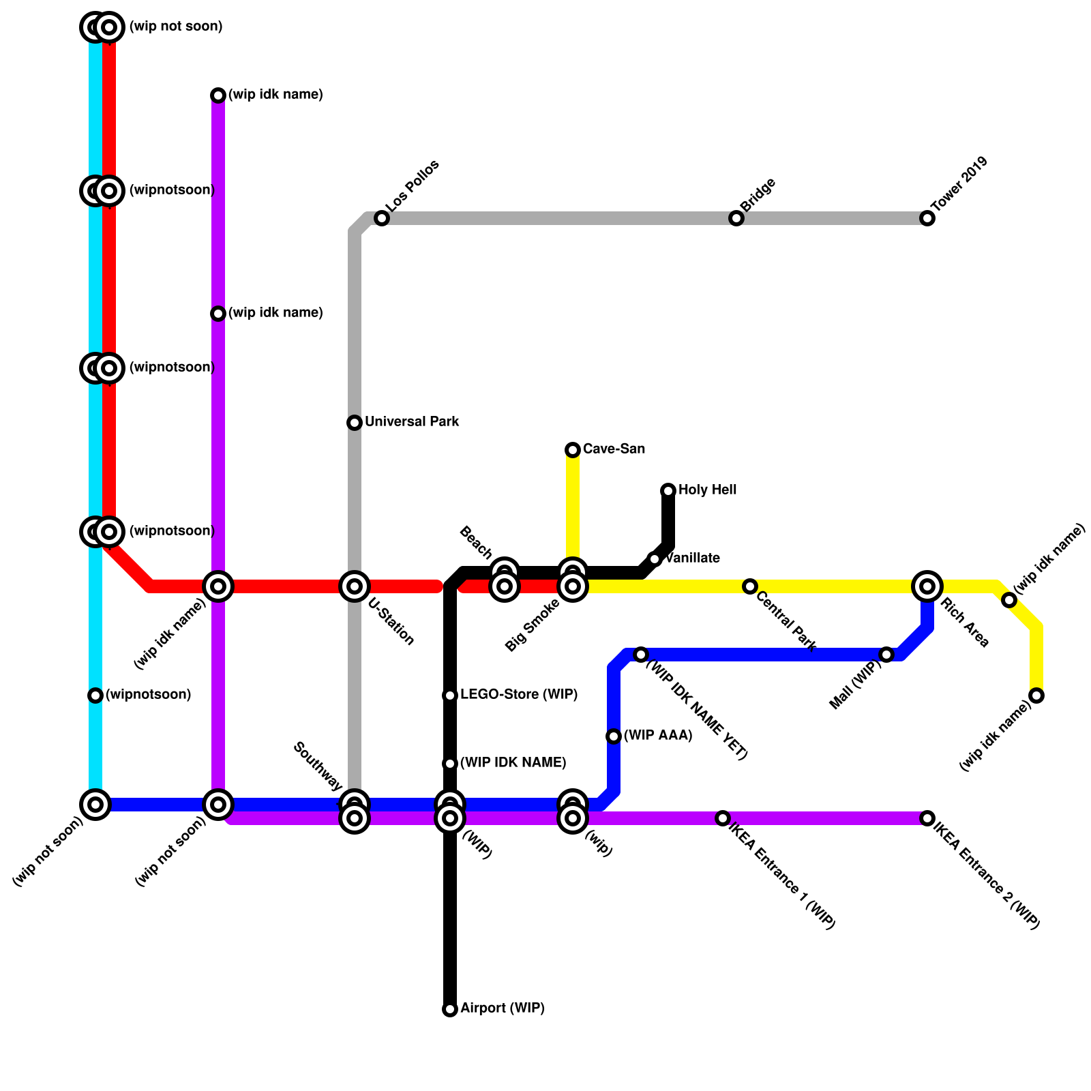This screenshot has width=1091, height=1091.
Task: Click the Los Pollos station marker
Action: click(382, 218)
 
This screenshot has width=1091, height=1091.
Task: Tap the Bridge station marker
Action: click(736, 218)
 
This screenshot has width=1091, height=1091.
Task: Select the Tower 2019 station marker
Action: click(927, 218)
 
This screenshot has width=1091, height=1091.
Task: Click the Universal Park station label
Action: click(412, 422)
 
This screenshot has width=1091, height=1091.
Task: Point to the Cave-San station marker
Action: click(573, 450)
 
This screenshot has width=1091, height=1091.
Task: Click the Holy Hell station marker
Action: click(668, 491)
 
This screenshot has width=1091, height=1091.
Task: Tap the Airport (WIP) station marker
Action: click(450, 1009)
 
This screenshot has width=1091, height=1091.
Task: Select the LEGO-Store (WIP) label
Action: click(519, 695)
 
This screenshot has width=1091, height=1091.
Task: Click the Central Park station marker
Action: click(750, 586)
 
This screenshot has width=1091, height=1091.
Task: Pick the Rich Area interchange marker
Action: click(927, 586)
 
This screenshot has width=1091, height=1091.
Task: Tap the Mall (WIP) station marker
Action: click(886, 655)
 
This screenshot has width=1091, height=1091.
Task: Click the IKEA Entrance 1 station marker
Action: click(723, 818)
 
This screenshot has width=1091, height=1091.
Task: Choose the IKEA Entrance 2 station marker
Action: click(927, 818)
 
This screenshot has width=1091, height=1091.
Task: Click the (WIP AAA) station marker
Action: click(614, 736)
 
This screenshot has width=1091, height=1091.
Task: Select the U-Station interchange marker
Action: click(355, 586)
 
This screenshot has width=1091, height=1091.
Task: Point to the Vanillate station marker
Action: click(655, 559)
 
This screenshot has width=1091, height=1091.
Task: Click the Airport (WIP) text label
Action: click(503, 1008)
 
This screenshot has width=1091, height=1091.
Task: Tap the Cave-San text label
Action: click(614, 449)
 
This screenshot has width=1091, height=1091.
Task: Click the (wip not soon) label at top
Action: click(175, 27)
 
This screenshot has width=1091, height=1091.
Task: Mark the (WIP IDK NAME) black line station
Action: click(450, 764)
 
